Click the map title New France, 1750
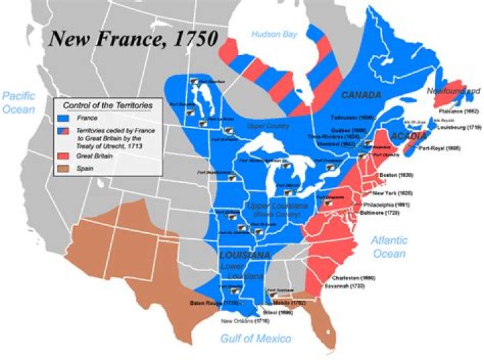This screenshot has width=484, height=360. [132, 38]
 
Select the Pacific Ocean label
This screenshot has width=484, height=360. [18, 102]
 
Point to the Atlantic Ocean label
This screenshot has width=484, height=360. [389, 246]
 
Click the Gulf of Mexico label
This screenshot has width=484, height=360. [255, 338]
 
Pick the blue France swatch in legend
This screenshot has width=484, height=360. [66, 118]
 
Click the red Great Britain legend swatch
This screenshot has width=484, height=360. [66, 155]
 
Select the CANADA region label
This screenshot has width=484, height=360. [360, 95]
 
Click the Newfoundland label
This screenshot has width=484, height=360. [452, 90]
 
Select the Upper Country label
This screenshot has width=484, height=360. [268, 127]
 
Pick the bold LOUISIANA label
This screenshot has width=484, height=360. [244, 256]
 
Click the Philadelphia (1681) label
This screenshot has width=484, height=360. [386, 204]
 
